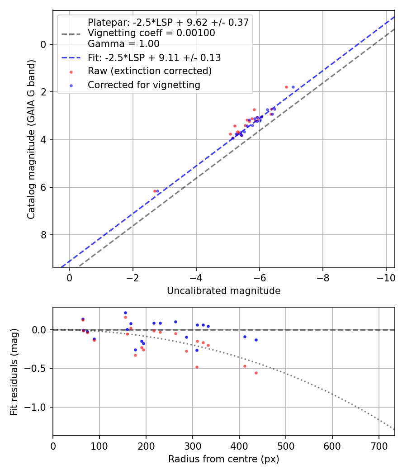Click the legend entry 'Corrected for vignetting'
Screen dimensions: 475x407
(x=144, y=85)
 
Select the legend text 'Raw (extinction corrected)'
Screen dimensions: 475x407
(x=150, y=71)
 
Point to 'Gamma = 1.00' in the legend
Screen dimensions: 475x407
(x=123, y=44)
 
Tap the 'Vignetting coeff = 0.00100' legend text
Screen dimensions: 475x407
(x=151, y=33)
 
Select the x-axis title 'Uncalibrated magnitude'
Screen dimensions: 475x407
(x=223, y=291)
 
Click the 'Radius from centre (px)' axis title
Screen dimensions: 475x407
(x=223, y=460)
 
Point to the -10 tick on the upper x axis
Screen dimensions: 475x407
(x=386, y=278)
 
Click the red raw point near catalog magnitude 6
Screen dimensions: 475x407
(x=155, y=191)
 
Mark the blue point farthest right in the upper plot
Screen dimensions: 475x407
(x=293, y=87)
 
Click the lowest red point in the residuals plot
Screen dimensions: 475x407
(x=256, y=373)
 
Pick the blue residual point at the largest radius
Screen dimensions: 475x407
(x=256, y=340)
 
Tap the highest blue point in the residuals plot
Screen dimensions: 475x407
(x=125, y=313)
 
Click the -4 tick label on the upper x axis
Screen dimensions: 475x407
(x=196, y=278)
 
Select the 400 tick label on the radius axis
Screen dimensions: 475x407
(x=239, y=446)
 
